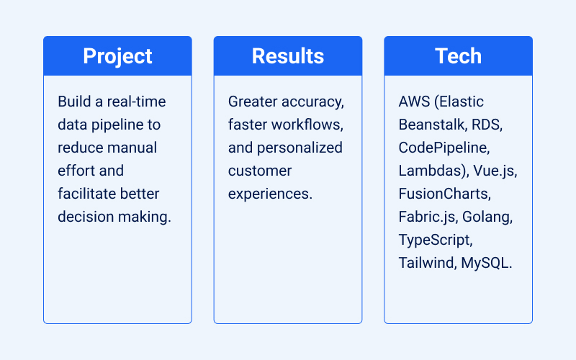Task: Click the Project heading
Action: pyautogui.click(x=117, y=56)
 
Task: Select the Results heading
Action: pyautogui.click(x=288, y=56)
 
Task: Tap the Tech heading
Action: pyautogui.click(x=458, y=56)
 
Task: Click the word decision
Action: pyautogui.click(x=85, y=217)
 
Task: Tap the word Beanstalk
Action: pyautogui.click(x=431, y=125)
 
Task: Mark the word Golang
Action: pyautogui.click(x=489, y=217)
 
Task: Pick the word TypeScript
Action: pyautogui.click(x=435, y=240)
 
